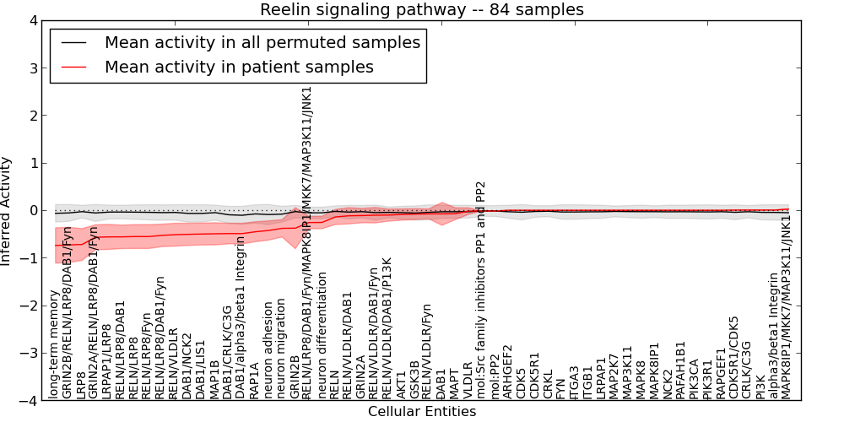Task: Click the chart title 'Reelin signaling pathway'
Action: click(421, 9)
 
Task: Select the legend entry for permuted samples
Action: click(262, 42)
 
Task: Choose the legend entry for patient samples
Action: click(239, 67)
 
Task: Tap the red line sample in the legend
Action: click(74, 67)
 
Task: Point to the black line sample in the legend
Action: click(74, 42)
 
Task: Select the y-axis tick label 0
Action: click(32, 210)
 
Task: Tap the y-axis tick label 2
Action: click(32, 116)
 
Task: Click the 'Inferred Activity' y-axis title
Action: click(7, 210)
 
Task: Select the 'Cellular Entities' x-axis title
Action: click(421, 412)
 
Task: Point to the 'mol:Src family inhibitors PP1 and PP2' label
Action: click(481, 290)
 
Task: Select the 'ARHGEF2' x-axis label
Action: click(508, 371)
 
